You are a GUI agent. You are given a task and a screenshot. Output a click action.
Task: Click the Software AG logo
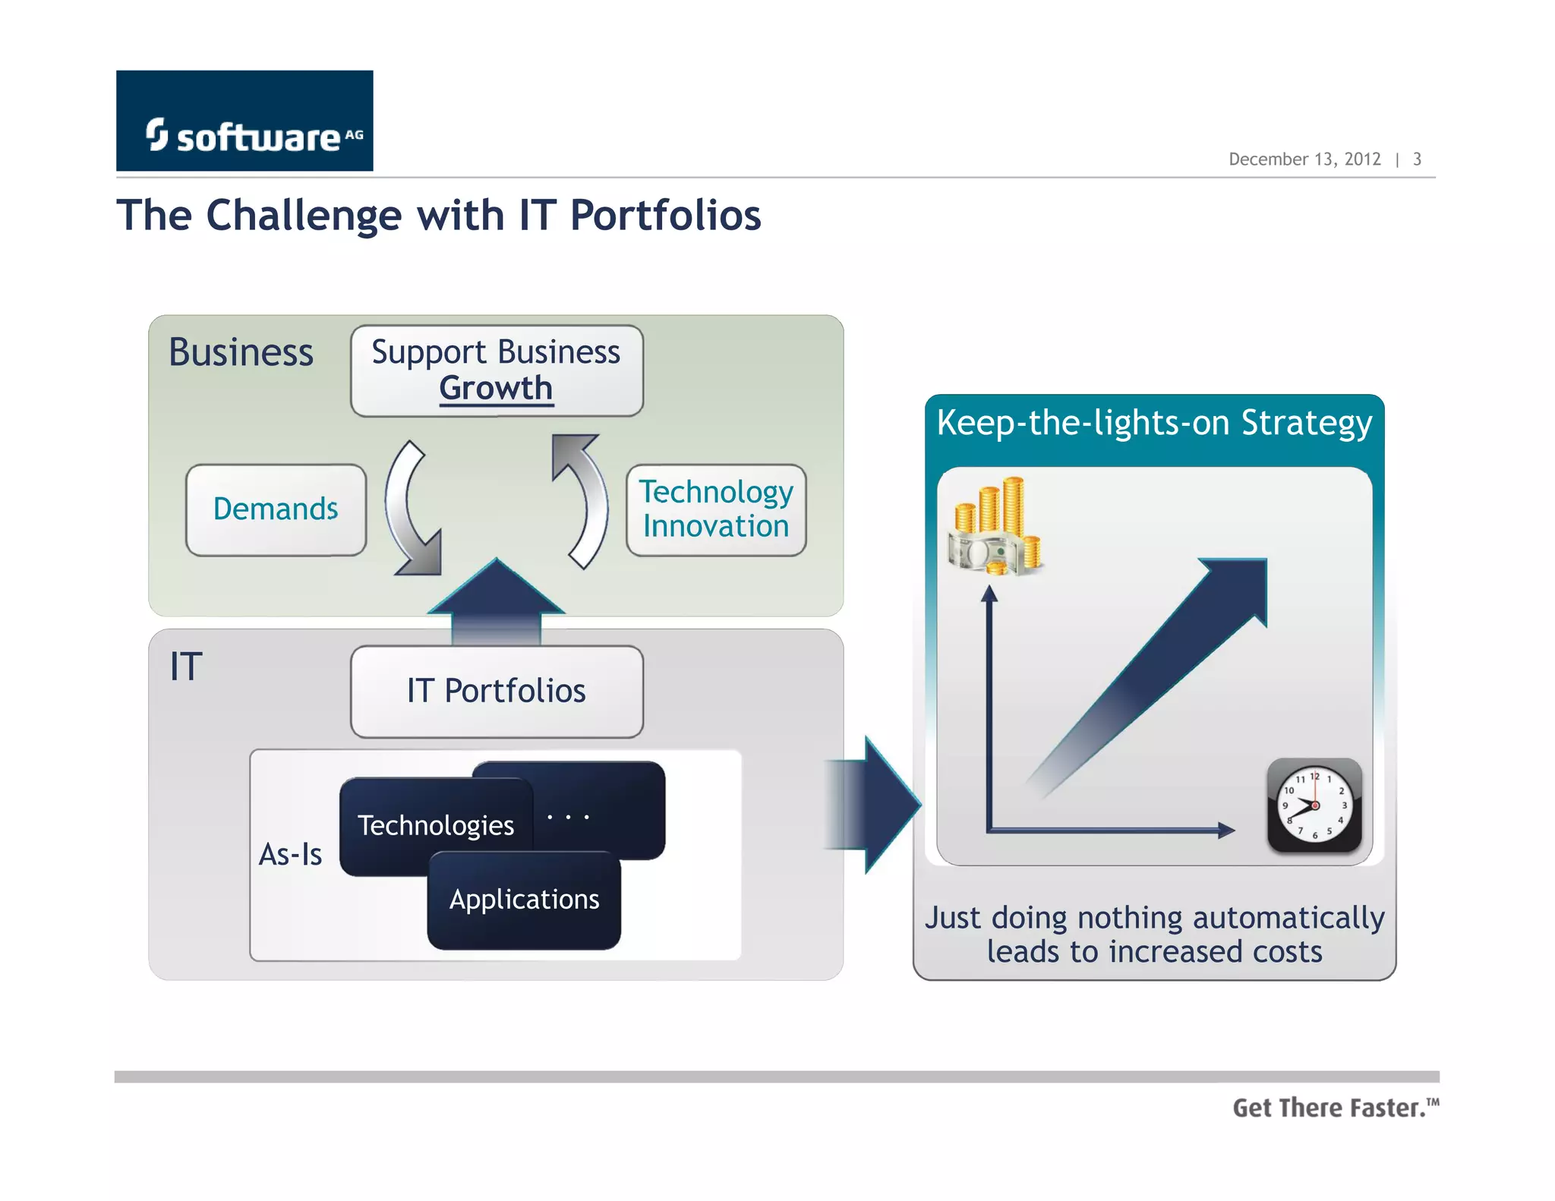coord(244,121)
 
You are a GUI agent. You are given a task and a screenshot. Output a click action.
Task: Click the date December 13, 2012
coord(1304,159)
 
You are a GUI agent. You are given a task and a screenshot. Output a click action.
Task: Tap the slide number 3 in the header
coord(1417,159)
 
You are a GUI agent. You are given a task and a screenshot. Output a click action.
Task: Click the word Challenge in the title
coord(304,216)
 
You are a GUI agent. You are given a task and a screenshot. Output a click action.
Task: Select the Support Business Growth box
coord(497,370)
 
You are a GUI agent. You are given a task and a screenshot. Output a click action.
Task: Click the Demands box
coord(276,509)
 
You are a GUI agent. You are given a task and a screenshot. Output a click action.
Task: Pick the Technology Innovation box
coord(715,509)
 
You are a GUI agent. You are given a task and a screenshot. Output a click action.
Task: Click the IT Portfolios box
coord(497,691)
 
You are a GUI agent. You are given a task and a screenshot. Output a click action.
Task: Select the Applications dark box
coord(524,900)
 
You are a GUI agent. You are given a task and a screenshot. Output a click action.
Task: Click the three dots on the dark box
coord(568,818)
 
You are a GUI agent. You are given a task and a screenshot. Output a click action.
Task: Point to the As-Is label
coord(290,855)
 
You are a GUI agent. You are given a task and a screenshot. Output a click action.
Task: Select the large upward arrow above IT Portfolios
coord(497,600)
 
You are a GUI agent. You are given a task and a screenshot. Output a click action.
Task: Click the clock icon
coord(1314,805)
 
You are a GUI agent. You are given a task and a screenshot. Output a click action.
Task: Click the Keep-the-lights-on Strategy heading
coord(1154,424)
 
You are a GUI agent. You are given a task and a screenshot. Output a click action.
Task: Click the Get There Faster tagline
coord(1334,1108)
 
